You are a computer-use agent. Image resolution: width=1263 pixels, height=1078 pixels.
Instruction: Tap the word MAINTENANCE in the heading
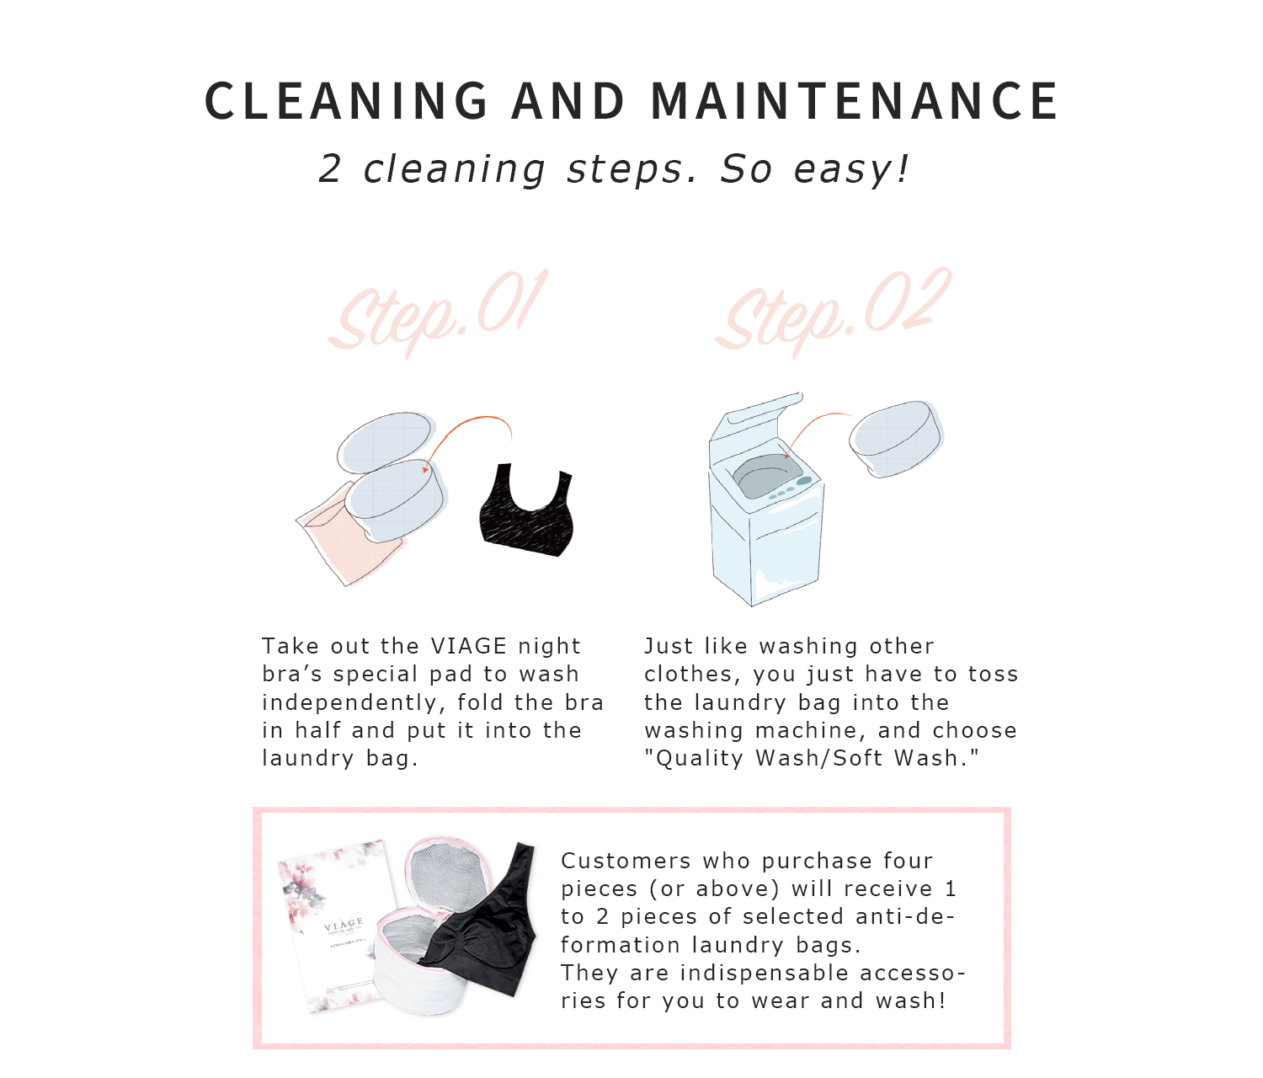(855, 101)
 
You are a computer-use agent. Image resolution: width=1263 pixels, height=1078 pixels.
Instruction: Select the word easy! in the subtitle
(851, 169)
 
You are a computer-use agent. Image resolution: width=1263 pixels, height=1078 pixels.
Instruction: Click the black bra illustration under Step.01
(527, 511)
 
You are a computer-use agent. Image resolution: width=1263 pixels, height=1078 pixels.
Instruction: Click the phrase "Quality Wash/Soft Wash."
(812, 758)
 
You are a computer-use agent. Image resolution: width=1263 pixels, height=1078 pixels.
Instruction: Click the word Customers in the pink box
(626, 861)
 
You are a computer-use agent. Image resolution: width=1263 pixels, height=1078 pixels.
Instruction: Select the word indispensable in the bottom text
(765, 974)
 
